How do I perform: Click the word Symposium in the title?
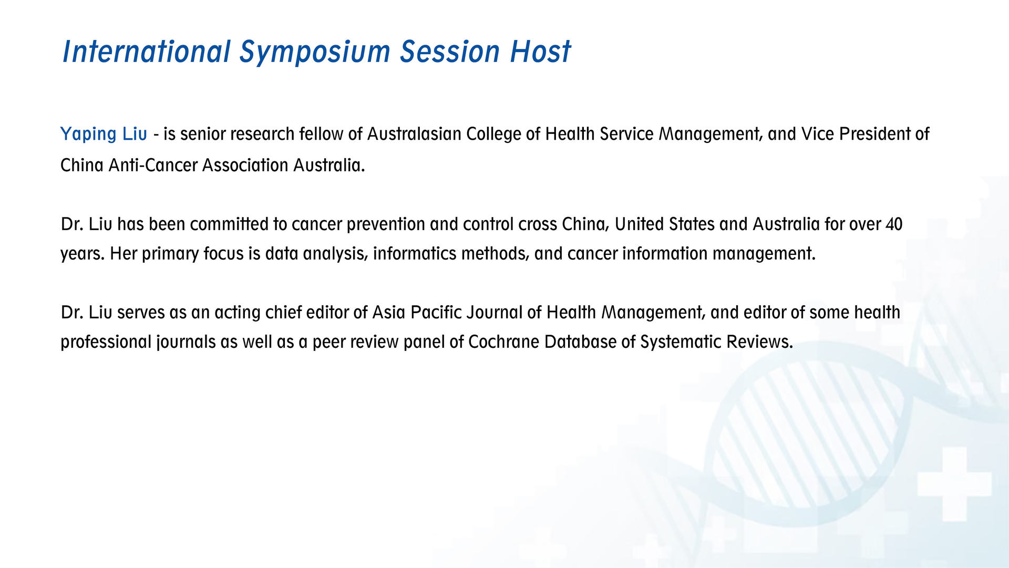tap(315, 52)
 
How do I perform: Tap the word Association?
tap(245, 166)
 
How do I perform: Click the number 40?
tap(894, 224)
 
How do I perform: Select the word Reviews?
tap(759, 342)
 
